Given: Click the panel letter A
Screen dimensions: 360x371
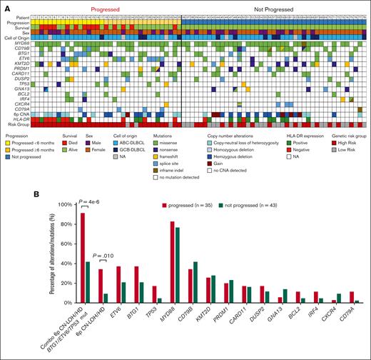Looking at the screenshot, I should (4, 4).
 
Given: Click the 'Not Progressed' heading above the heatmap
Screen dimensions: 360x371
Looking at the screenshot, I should (275, 5).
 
